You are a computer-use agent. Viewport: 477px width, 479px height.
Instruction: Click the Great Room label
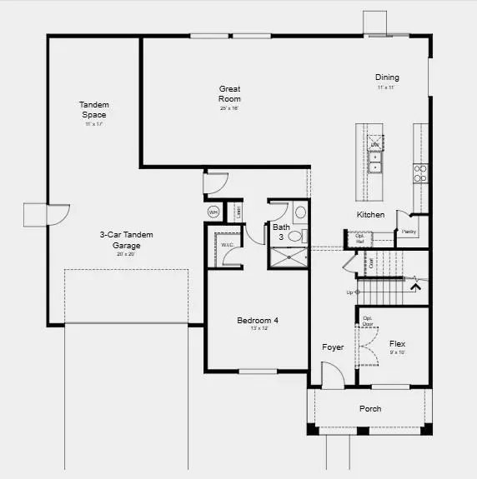[x=230, y=94]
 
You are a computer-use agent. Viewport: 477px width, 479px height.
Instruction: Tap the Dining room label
[x=387, y=77]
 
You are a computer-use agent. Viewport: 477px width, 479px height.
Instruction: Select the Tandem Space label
[x=94, y=110]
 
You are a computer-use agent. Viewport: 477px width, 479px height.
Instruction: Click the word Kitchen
[x=370, y=215]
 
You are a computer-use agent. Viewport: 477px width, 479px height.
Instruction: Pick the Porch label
[x=370, y=408]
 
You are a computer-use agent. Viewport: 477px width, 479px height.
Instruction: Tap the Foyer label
[x=333, y=347]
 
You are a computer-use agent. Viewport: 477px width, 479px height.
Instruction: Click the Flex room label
[x=397, y=343]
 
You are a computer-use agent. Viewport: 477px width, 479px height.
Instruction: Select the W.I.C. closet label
[x=226, y=244]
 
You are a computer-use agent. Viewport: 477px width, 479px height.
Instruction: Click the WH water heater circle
[x=213, y=212]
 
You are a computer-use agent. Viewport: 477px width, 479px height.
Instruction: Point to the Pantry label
[x=409, y=232]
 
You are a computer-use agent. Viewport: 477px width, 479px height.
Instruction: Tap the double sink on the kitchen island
[x=376, y=162]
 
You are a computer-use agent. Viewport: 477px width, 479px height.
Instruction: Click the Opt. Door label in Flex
[x=367, y=320]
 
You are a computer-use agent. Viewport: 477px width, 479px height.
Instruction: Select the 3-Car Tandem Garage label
[x=127, y=240]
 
